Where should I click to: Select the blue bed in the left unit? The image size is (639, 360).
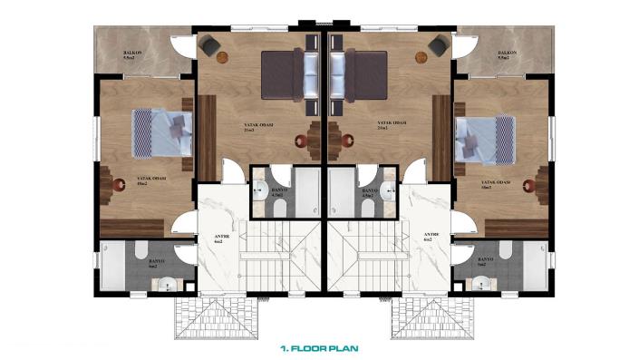point(161,134)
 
